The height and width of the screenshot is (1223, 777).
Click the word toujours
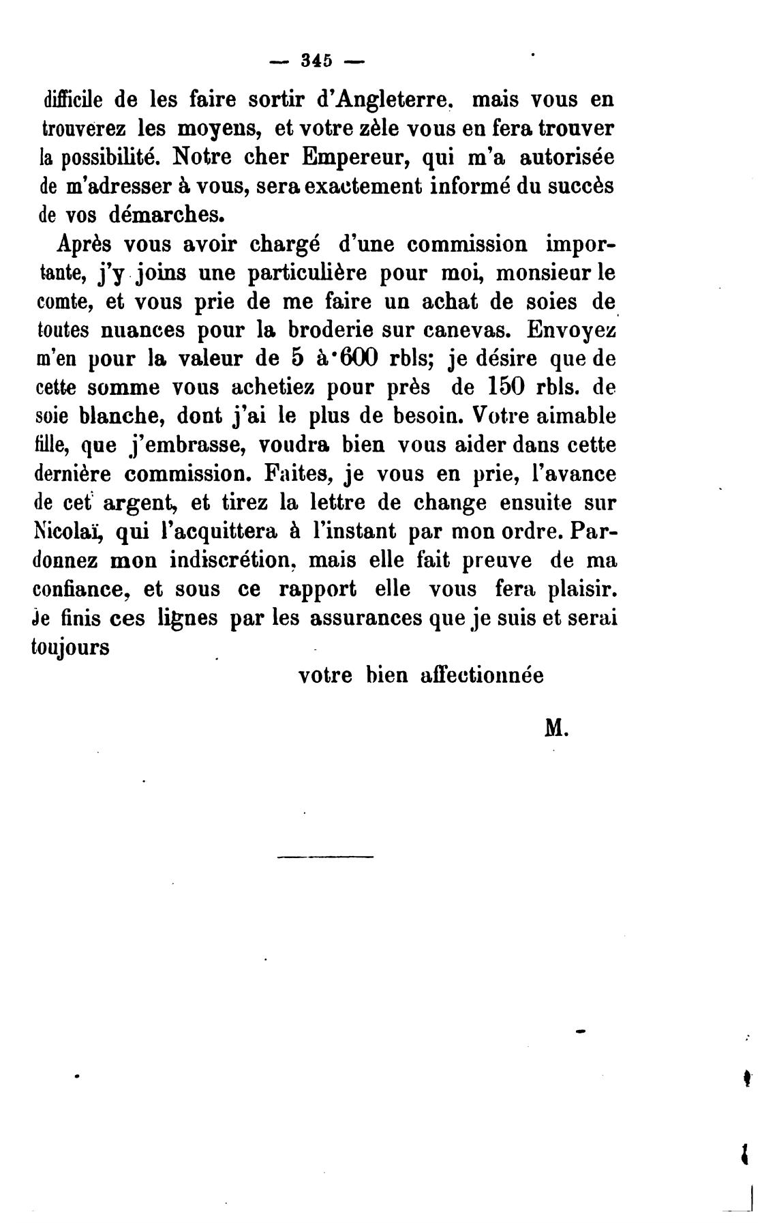[x=71, y=647]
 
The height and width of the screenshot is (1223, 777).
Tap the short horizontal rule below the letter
[x=326, y=856]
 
